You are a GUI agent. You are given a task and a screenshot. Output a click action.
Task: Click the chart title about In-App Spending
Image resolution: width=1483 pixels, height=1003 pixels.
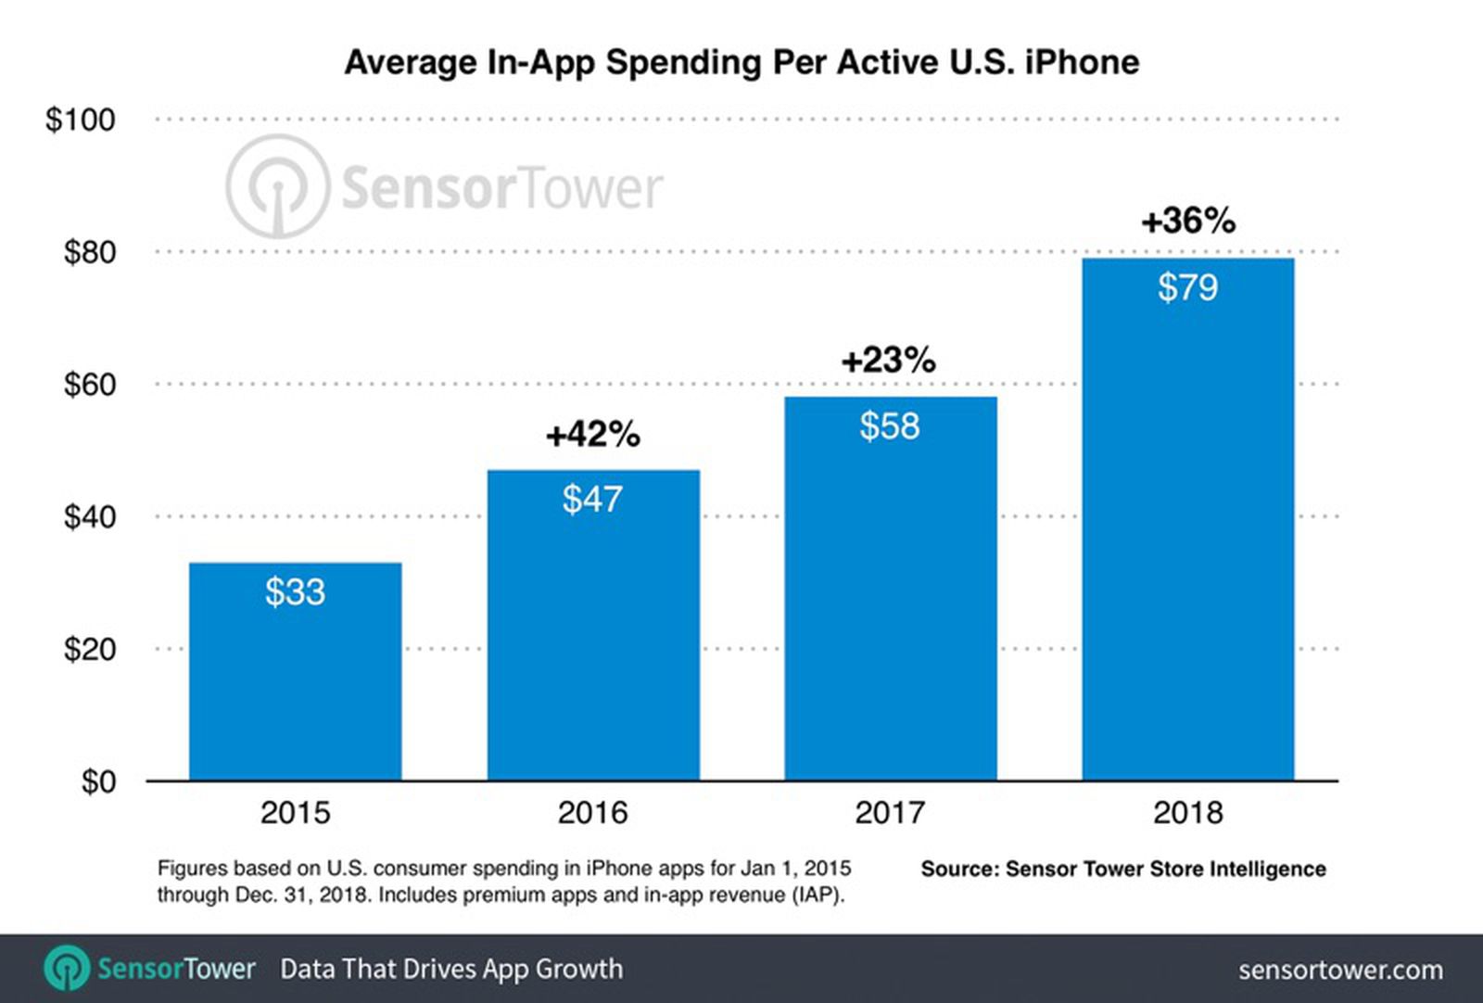pyautogui.click(x=741, y=63)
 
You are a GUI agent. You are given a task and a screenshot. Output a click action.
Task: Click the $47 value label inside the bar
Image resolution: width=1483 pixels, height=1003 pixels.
pyautogui.click(x=592, y=500)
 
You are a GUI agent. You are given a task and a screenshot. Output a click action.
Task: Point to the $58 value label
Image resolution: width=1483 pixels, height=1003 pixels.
pyautogui.click(x=890, y=426)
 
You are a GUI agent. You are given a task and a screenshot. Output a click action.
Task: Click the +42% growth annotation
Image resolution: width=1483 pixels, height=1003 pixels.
pyautogui.click(x=592, y=434)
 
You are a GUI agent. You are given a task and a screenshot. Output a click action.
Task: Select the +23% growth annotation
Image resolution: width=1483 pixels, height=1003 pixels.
pyautogui.click(x=888, y=360)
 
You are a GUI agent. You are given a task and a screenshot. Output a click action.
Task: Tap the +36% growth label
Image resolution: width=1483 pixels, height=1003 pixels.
pyautogui.click(x=1187, y=221)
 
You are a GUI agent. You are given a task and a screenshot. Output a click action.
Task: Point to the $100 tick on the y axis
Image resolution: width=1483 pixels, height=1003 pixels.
pyautogui.click(x=81, y=120)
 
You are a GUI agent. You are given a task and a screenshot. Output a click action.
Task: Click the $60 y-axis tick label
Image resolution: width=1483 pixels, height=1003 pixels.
pyautogui.click(x=89, y=384)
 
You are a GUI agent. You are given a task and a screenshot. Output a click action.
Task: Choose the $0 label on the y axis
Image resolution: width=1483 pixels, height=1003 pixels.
pyautogui.click(x=98, y=781)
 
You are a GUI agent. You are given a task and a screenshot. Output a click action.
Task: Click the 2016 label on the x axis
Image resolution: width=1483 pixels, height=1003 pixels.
pyautogui.click(x=592, y=813)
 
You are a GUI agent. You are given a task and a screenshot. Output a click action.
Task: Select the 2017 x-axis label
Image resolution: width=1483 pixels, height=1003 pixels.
pyautogui.click(x=890, y=813)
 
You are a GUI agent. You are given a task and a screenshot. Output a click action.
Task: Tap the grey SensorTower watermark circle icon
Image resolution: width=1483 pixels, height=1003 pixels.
pyautogui.click(x=277, y=186)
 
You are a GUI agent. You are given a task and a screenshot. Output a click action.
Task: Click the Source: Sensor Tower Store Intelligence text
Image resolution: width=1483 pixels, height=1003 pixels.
pyautogui.click(x=1122, y=869)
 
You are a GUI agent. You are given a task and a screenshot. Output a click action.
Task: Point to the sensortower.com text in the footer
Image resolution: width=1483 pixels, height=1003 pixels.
pyautogui.click(x=1340, y=970)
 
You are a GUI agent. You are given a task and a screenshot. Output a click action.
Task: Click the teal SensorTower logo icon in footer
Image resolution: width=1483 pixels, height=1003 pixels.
pyautogui.click(x=67, y=969)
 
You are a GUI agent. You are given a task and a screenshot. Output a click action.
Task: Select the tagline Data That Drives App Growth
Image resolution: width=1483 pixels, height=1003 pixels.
pyautogui.click(x=451, y=969)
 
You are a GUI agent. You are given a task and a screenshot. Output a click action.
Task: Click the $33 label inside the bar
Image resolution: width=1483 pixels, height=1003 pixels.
pyautogui.click(x=295, y=592)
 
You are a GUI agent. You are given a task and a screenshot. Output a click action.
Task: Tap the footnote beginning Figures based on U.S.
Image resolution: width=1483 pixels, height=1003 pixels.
pyautogui.click(x=503, y=882)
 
